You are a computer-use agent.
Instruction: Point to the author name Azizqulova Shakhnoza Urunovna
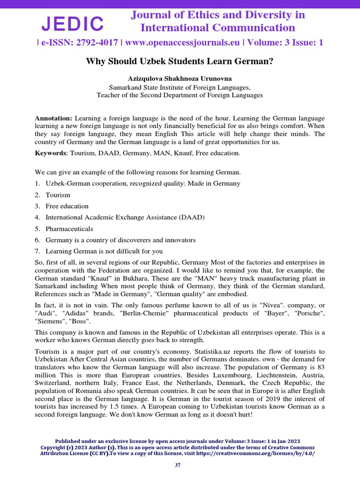click(180, 78)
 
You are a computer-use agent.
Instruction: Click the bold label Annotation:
click(53, 118)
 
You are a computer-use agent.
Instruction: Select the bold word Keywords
click(50, 153)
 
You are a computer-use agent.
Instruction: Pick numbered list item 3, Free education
click(67, 206)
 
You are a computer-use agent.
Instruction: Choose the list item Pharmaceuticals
click(69, 229)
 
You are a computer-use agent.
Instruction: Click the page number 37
click(178, 465)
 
